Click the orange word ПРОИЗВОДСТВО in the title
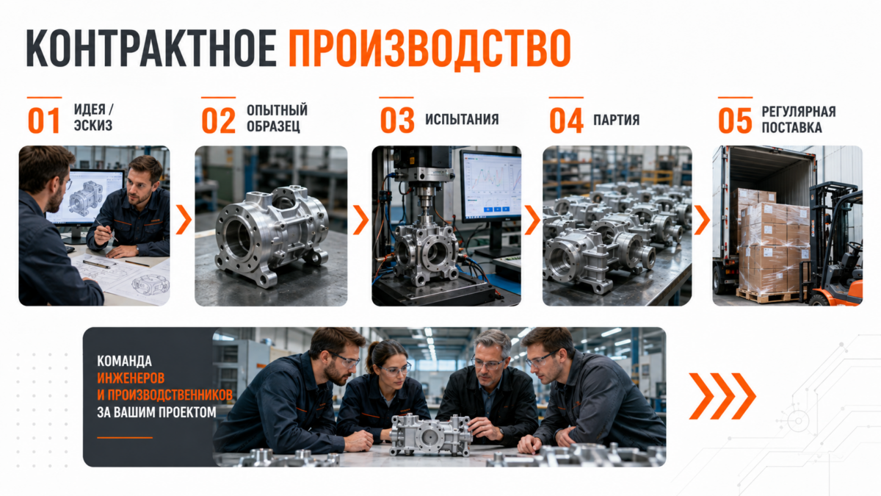click(429, 48)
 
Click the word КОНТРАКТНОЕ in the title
click(151, 48)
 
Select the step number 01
click(43, 121)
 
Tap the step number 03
click(397, 121)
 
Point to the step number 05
click(735, 121)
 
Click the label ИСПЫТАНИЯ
click(462, 119)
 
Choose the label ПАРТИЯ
click(616, 120)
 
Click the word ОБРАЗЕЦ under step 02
click(273, 126)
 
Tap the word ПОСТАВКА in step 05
click(791, 128)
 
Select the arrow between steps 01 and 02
click(184, 220)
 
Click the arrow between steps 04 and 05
click(702, 220)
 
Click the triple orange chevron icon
click(722, 396)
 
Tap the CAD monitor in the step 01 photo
click(85, 198)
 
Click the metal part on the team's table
click(431, 435)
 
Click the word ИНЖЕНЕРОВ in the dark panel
click(131, 378)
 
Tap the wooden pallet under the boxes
click(769, 295)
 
